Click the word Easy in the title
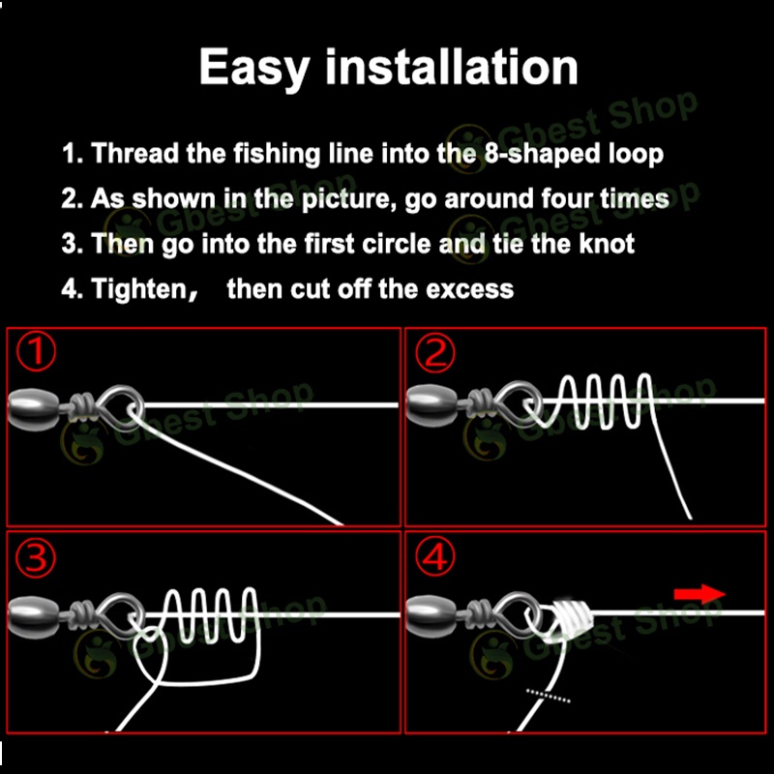[x=254, y=68]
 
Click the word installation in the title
[x=451, y=67]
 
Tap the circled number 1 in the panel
[x=36, y=351]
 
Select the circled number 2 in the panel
[x=434, y=353]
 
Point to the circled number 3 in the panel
[x=36, y=558]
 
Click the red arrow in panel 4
[x=700, y=594]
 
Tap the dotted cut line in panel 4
[x=549, y=696]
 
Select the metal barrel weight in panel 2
[x=431, y=404]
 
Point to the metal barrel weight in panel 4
[x=431, y=616]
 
